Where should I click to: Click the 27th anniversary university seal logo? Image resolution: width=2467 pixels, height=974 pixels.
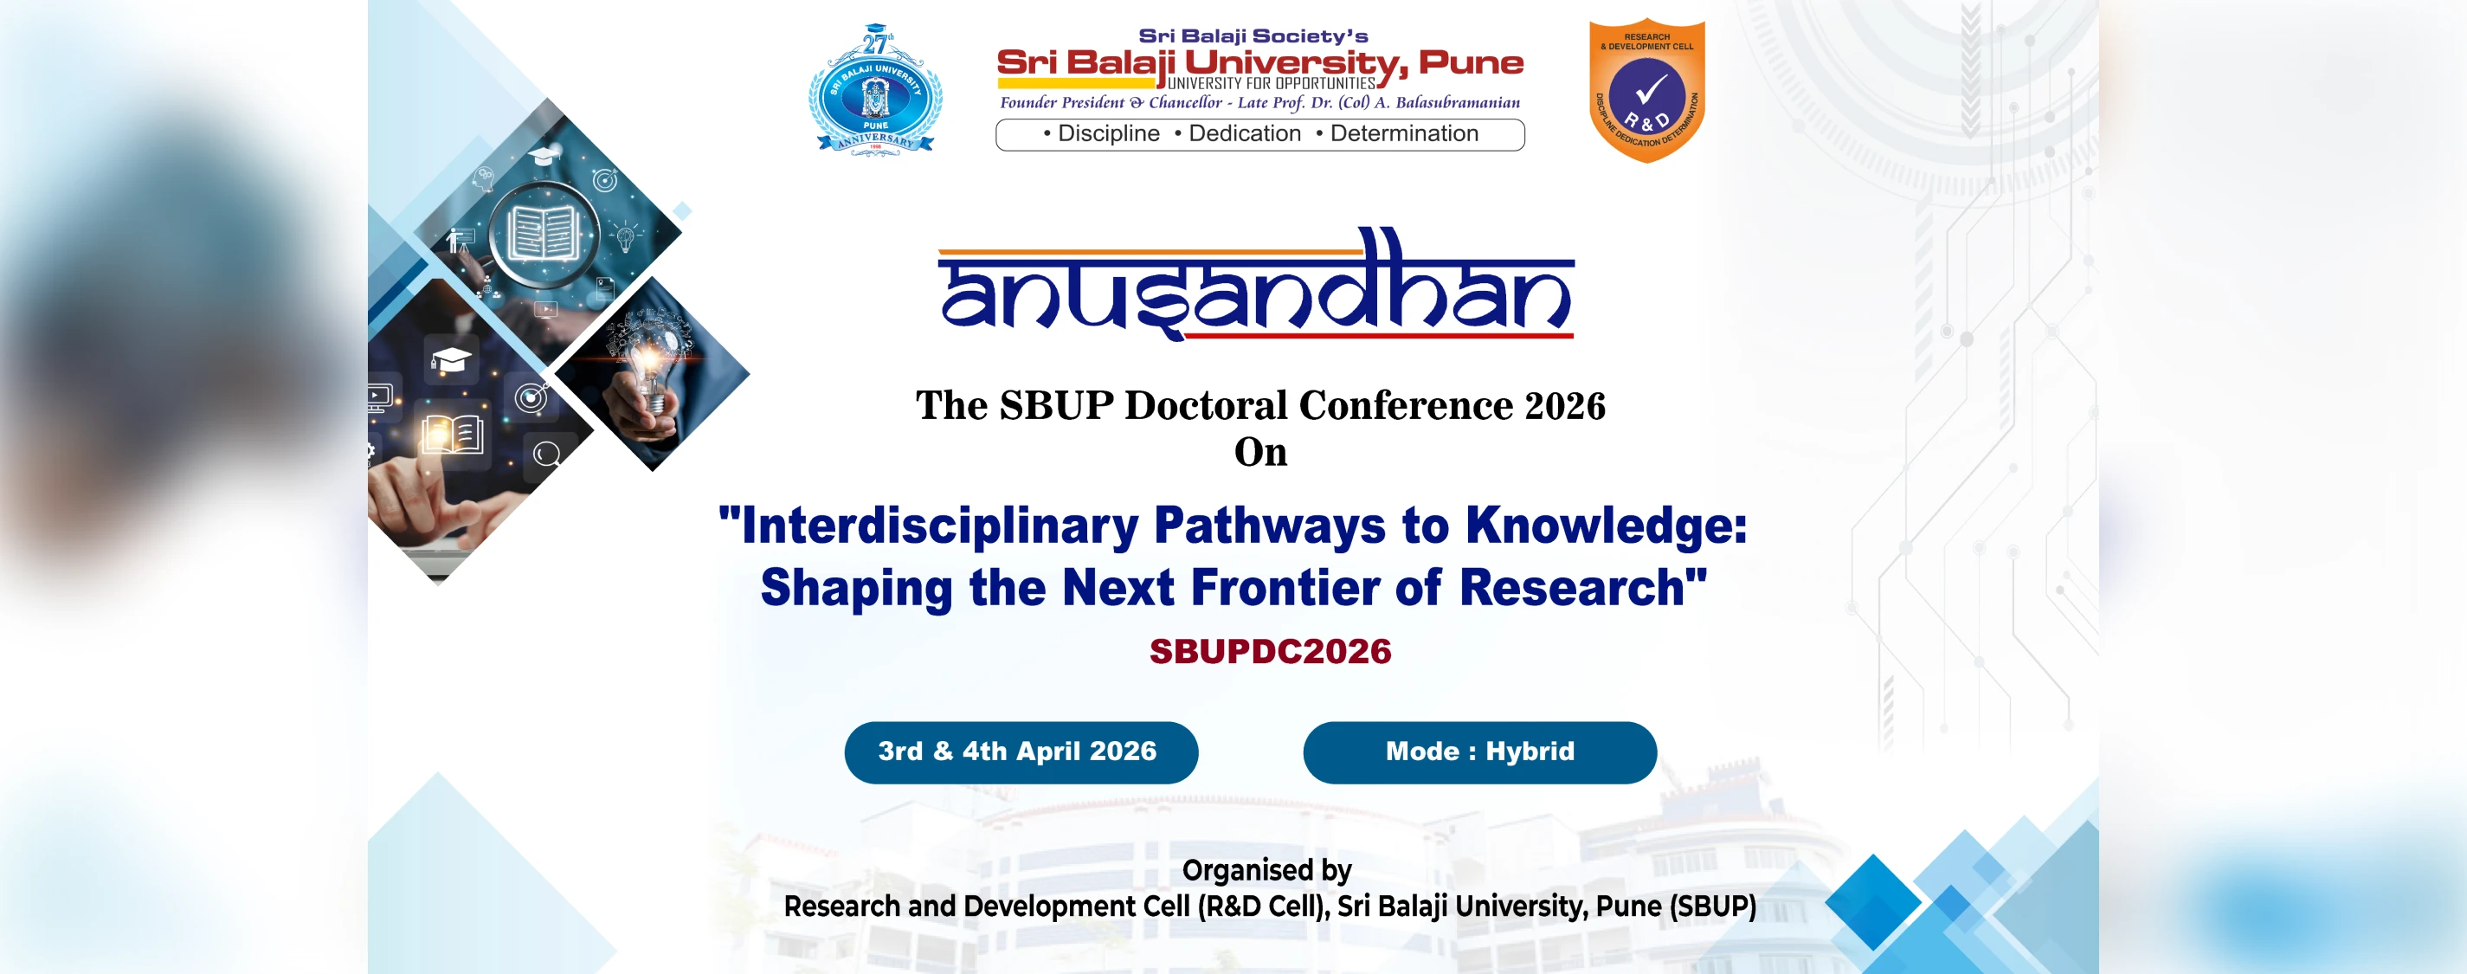point(875,90)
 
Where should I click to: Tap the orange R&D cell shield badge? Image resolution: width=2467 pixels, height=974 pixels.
point(1647,90)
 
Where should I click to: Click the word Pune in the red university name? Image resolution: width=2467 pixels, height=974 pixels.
point(1471,63)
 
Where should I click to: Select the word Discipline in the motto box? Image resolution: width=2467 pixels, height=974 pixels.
point(1108,134)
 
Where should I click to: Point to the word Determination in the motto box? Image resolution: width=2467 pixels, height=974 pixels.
point(1404,134)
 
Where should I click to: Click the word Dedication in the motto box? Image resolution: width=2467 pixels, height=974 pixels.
point(1244,134)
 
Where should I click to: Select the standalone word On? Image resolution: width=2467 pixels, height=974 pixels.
point(1260,452)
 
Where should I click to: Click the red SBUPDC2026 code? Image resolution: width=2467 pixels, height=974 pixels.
point(1270,651)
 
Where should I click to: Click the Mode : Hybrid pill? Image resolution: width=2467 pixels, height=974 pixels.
point(1479,751)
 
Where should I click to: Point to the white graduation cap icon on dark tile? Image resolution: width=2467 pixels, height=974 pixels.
point(450,360)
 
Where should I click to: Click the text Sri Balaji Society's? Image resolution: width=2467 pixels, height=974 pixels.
point(1253,36)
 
